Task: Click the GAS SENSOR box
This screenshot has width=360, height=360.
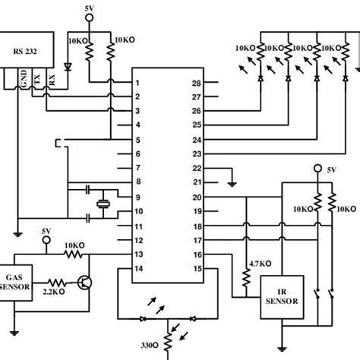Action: tap(16, 283)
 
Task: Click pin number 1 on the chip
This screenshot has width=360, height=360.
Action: tap(137, 83)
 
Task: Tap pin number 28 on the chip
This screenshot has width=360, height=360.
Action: tap(196, 83)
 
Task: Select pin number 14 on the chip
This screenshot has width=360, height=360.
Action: tap(137, 269)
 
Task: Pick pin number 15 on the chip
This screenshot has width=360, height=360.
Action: tap(196, 269)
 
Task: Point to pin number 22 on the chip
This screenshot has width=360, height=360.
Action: tap(196, 169)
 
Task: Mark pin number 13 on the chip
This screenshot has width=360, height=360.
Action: tap(137, 254)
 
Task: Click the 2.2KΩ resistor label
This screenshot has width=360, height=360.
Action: tap(55, 292)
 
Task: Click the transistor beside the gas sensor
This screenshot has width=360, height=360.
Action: tap(86, 283)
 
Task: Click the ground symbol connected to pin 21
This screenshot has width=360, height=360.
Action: tap(230, 182)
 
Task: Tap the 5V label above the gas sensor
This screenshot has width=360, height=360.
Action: tap(46, 230)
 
